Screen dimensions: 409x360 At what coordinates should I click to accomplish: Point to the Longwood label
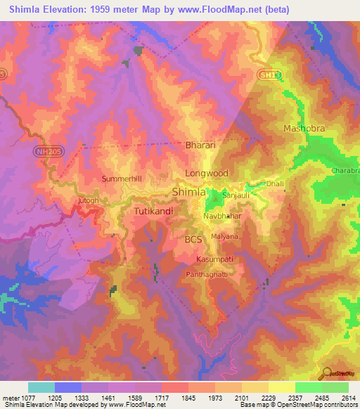(207, 172)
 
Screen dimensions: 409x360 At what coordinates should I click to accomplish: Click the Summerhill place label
(122, 179)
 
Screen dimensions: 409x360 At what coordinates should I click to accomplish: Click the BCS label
(193, 240)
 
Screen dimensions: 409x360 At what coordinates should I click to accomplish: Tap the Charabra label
(344, 170)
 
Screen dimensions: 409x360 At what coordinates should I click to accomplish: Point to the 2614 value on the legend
(349, 397)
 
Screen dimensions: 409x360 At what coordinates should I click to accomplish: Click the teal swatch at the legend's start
(41, 387)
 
